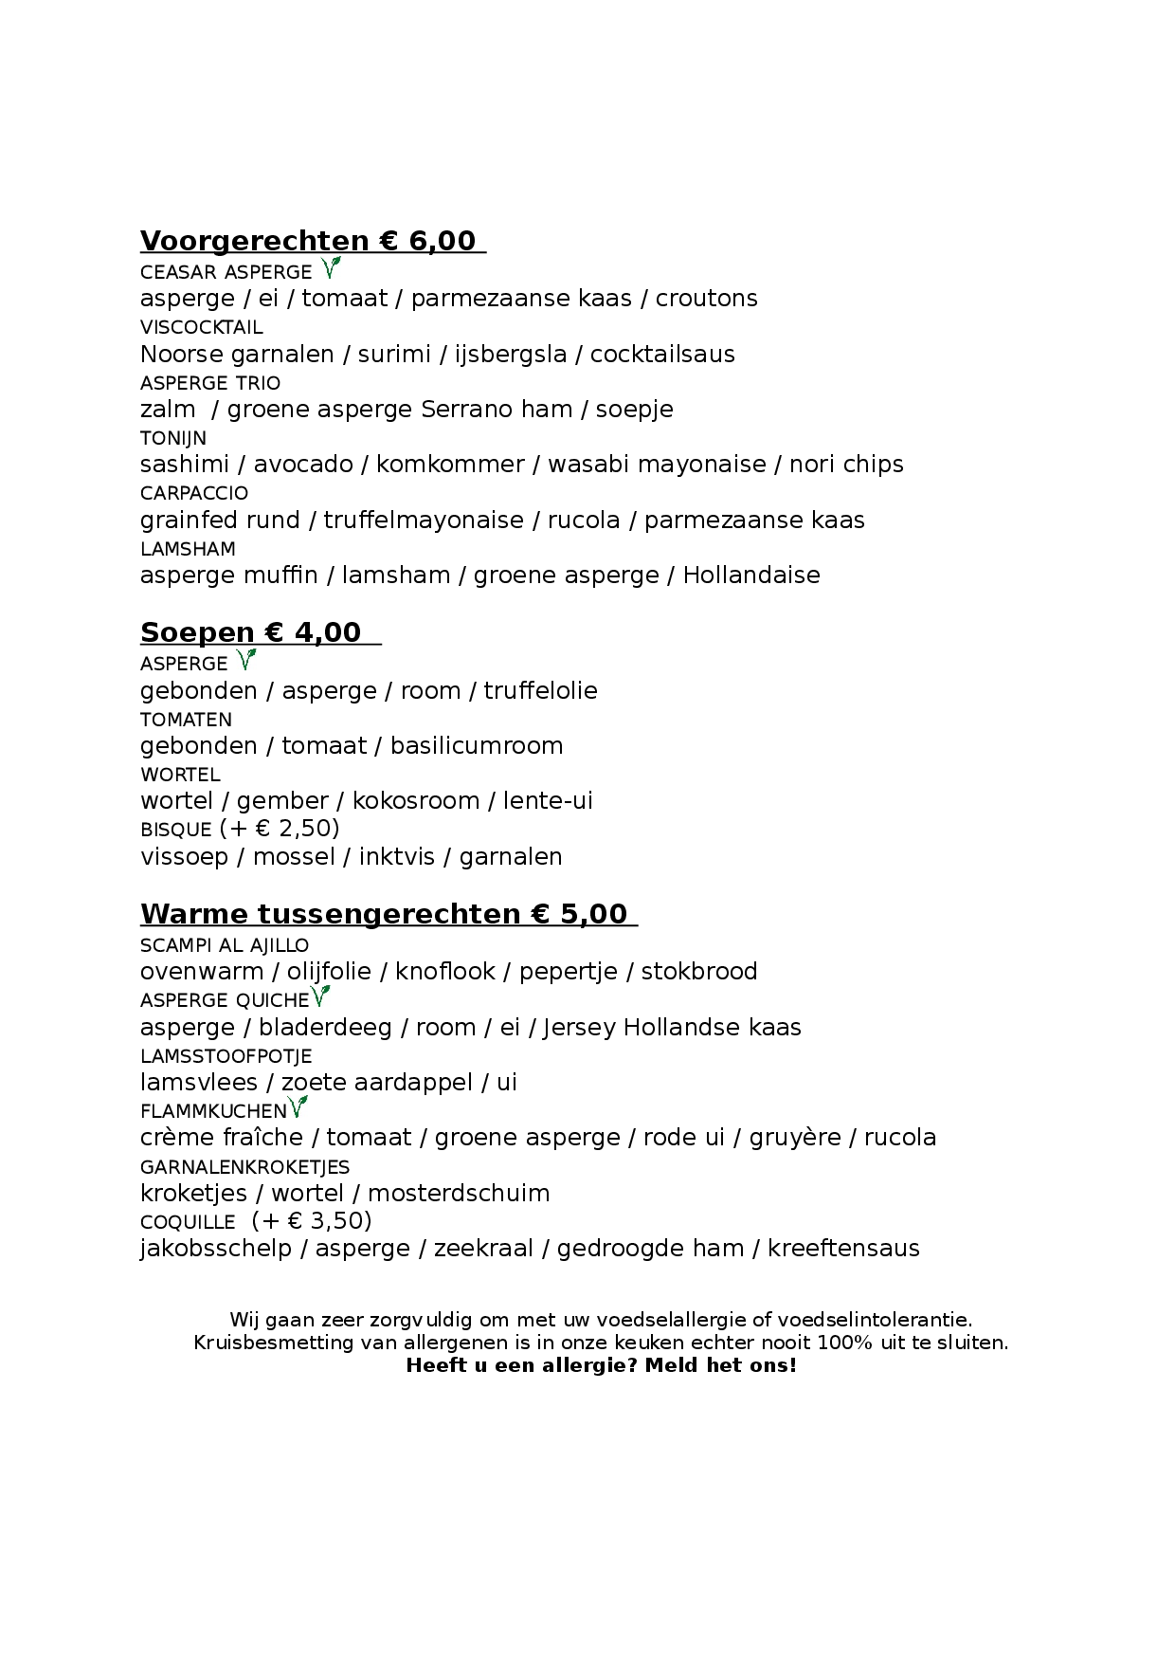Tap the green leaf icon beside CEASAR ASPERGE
[x=330, y=268]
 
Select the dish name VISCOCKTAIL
[x=202, y=327]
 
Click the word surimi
[x=394, y=355]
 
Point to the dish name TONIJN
[x=173, y=438]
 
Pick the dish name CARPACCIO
[x=194, y=493]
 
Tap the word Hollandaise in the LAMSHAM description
[x=751, y=576]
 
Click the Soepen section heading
[x=251, y=632]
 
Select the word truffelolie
[x=540, y=691]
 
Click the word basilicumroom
[x=477, y=746]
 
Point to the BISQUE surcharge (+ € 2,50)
[x=280, y=829]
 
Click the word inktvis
[x=397, y=857]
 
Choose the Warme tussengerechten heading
[x=384, y=914]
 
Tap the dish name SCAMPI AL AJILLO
[x=225, y=945]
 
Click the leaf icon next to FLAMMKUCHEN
[x=298, y=1106]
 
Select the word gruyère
[x=795, y=1138]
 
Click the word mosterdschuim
[x=459, y=1194]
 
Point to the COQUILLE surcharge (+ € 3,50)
[x=312, y=1221]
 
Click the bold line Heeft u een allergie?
[x=601, y=1365]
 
